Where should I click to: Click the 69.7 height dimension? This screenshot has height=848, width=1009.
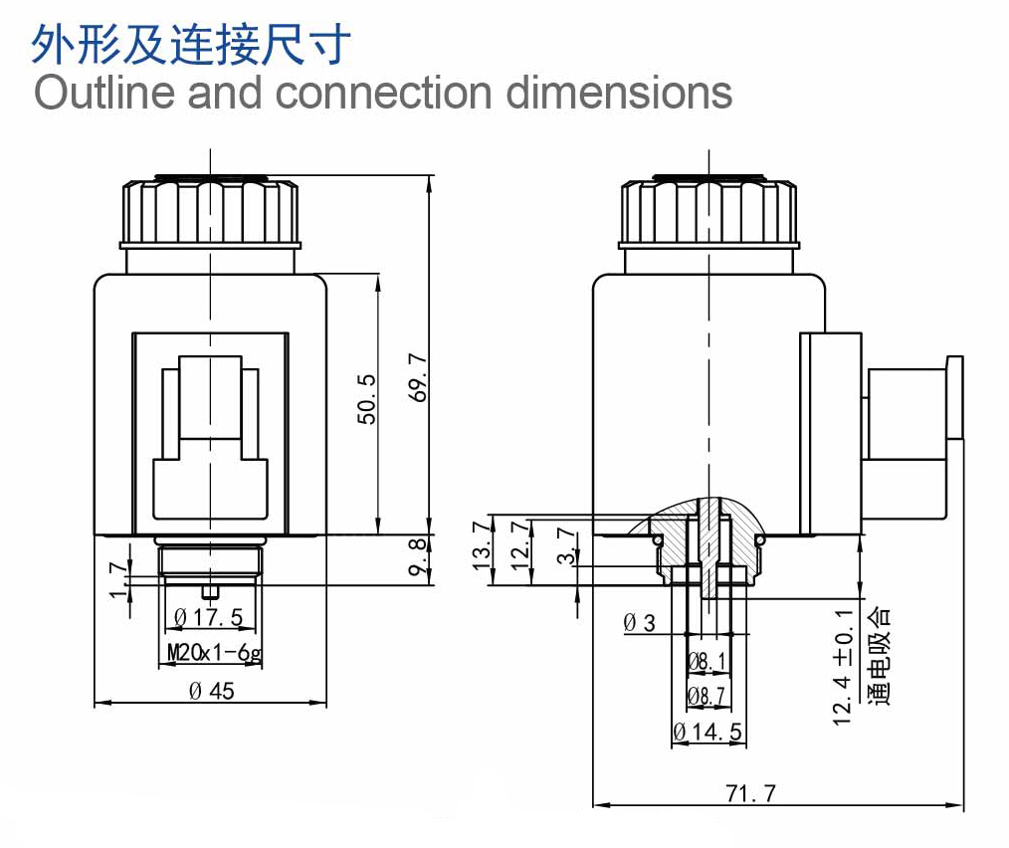point(418,377)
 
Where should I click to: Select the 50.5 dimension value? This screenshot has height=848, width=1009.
point(366,399)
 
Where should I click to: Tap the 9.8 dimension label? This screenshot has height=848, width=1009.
point(418,558)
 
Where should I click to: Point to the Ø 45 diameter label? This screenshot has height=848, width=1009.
point(212,691)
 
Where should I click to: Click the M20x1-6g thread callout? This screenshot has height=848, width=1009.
point(214,653)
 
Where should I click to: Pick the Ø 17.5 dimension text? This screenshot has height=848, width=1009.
point(209,617)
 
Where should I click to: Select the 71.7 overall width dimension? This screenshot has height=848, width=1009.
point(750,793)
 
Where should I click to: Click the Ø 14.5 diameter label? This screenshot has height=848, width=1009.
point(707,733)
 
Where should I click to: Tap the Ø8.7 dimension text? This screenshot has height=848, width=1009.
point(706,696)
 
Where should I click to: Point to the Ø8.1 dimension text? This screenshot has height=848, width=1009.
point(706,661)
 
